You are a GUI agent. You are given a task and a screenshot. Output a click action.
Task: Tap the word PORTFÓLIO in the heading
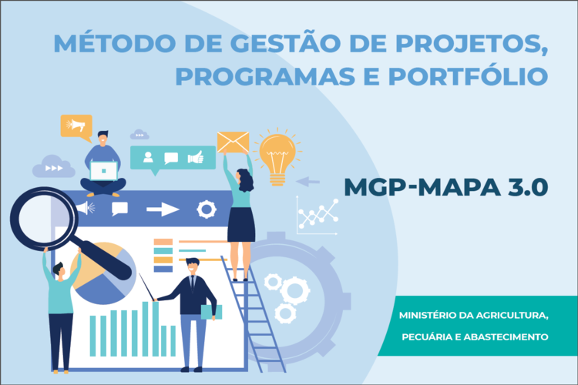coord(468,76)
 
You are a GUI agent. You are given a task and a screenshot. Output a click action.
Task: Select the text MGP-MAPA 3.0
coord(446,187)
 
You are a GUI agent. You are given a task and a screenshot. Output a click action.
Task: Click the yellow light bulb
coord(277,156)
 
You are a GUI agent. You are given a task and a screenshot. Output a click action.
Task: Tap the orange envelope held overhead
coord(233,142)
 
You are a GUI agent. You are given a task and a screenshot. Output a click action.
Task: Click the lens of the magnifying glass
coord(43,219)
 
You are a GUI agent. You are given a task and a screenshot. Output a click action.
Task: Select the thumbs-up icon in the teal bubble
coord(196,157)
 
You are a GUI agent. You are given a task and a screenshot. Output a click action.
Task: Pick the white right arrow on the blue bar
coord(163,209)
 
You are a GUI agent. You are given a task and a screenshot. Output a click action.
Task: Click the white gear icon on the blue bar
coord(207,209)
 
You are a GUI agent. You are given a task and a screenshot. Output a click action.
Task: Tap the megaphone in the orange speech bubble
coord(76,126)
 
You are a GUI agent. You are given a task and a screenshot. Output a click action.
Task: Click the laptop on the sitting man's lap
coord(104,171)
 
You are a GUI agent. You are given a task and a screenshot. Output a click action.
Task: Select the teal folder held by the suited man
coord(212,312)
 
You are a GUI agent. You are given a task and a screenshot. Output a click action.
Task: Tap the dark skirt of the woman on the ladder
coord(241,224)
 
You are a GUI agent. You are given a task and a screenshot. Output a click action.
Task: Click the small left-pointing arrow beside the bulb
coord(307,182)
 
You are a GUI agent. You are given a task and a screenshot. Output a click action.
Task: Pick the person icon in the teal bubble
coord(148,157)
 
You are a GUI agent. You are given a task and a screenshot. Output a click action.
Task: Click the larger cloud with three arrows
coord(54,166)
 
